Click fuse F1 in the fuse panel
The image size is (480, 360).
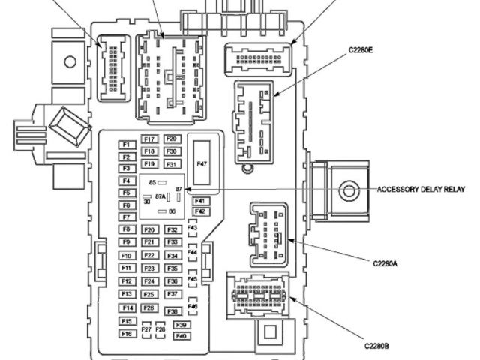point(126,145)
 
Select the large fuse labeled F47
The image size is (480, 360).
point(202,163)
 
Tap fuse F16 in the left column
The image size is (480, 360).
point(126,333)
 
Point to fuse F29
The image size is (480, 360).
point(171,139)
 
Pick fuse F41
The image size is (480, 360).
point(199,201)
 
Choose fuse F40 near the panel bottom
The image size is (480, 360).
point(180,335)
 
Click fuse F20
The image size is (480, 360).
point(149,230)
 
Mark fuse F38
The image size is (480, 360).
point(172,310)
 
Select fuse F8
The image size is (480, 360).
point(126,229)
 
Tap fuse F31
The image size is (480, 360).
point(171,164)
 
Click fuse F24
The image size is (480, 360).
point(148,281)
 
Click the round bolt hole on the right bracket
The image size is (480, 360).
point(347,190)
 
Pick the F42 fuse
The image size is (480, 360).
point(199,211)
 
